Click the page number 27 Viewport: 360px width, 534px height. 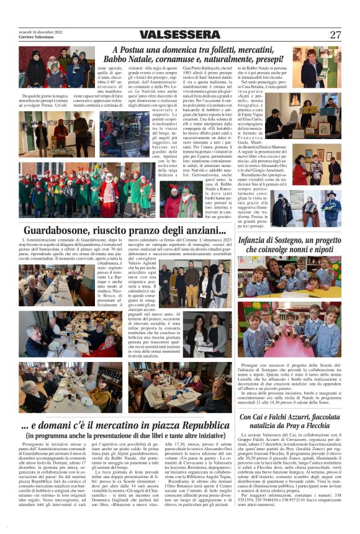pos(335,35)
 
